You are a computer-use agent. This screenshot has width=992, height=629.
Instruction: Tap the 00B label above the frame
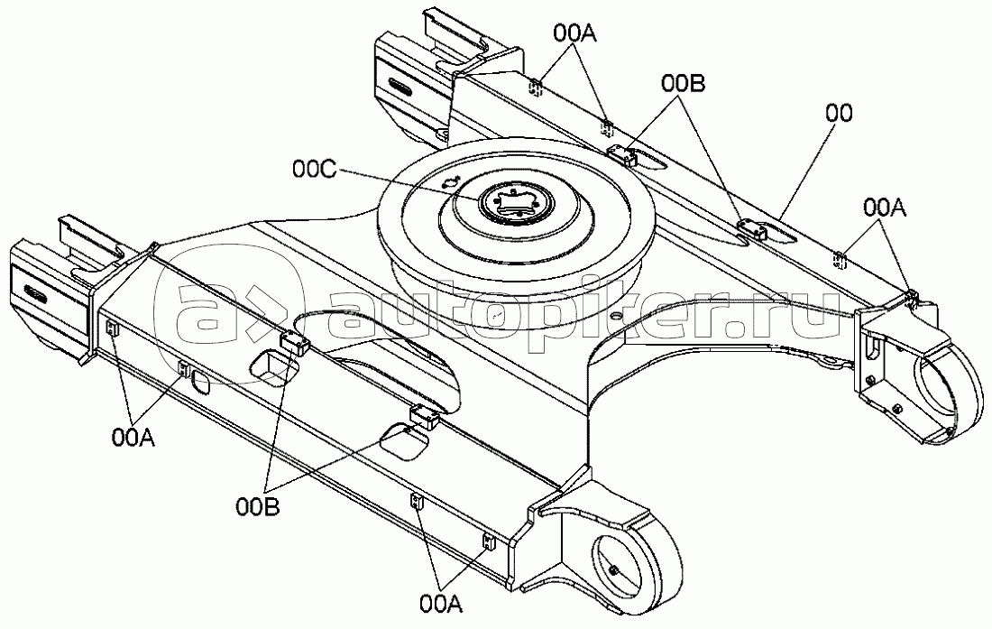pyautogui.click(x=683, y=83)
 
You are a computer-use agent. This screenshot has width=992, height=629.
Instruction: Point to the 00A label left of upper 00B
pyautogui.click(x=575, y=33)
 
